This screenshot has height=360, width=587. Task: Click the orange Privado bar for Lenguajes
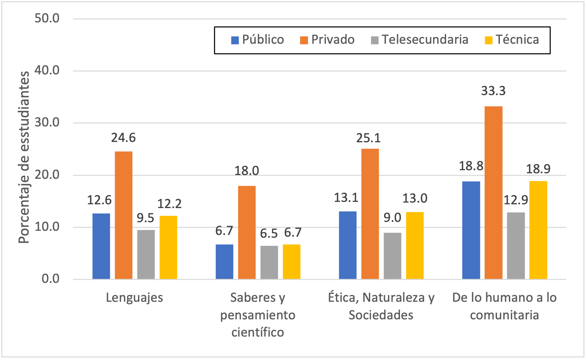pos(124,215)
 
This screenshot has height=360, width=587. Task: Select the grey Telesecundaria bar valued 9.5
pos(146,254)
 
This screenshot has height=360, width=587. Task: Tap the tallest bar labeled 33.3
pos(493,193)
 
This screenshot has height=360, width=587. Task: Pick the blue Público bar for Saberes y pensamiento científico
pos(224,261)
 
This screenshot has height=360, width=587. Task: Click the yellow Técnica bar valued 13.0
pos(415,245)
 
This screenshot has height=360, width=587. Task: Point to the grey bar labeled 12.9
pos(516,246)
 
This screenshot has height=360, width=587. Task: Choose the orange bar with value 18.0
pos(247,232)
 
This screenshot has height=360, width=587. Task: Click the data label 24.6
pos(123,138)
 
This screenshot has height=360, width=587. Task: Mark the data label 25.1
pos(368,138)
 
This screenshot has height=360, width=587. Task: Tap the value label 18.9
pos(538,169)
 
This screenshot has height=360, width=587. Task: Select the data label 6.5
pos(269,234)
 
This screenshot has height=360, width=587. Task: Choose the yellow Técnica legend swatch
pos(489,40)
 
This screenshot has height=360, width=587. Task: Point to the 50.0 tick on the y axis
pos(47,18)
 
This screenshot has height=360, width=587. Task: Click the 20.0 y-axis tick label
pos(47,175)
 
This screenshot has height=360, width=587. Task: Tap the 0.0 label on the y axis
pos(51,279)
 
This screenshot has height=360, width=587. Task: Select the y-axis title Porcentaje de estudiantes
pos(24,157)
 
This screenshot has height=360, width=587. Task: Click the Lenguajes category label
pos(134,298)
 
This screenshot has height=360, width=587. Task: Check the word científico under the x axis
pos(258,332)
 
